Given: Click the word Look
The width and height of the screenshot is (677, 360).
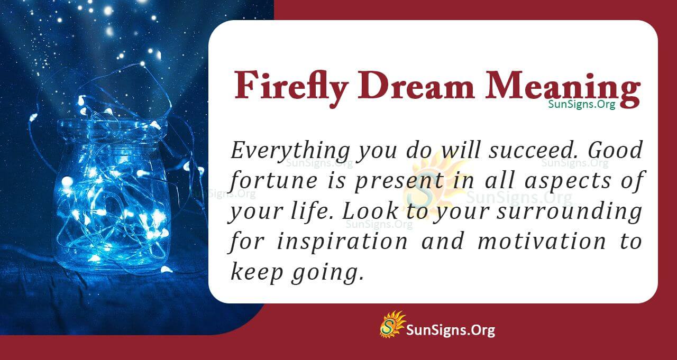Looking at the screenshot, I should [x=365, y=212].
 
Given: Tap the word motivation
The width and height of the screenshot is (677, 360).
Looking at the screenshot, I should [x=542, y=242].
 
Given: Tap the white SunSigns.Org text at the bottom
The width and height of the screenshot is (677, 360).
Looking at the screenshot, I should [x=451, y=330].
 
